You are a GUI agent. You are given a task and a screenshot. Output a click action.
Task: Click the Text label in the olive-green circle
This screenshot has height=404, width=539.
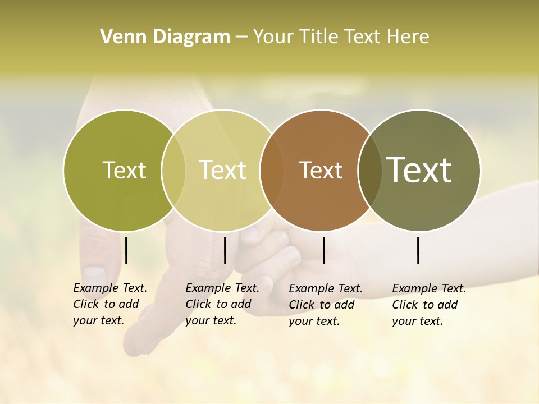124,170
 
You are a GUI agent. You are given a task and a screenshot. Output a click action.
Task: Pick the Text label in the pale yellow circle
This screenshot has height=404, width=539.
222,170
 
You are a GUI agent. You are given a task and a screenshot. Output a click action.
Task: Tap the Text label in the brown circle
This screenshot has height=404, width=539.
321,170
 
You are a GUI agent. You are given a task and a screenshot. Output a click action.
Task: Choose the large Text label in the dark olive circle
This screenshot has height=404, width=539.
419,170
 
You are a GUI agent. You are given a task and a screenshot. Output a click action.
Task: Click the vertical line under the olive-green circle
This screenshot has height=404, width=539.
126,250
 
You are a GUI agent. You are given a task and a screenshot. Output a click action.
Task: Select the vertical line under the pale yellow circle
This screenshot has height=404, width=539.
225,250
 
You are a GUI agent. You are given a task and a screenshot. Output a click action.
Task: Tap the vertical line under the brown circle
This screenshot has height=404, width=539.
323,250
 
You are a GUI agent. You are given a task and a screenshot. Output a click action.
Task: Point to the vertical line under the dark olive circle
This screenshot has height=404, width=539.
418,250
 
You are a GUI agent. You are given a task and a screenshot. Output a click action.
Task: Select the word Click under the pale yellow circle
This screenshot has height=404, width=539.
198,304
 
